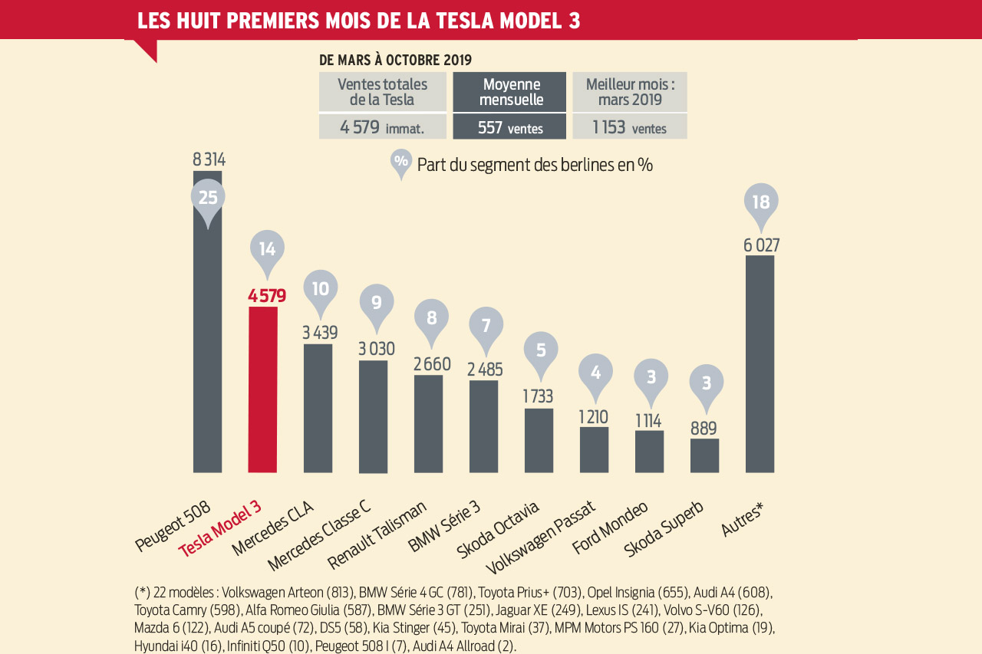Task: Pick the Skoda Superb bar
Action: point(704,455)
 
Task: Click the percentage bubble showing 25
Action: point(208,198)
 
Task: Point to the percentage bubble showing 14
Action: point(267,249)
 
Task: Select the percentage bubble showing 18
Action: point(761,202)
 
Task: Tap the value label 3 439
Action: point(320,333)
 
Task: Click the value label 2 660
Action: point(432,364)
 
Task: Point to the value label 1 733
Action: point(538,396)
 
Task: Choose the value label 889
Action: point(704,428)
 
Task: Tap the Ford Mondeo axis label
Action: point(610,527)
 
